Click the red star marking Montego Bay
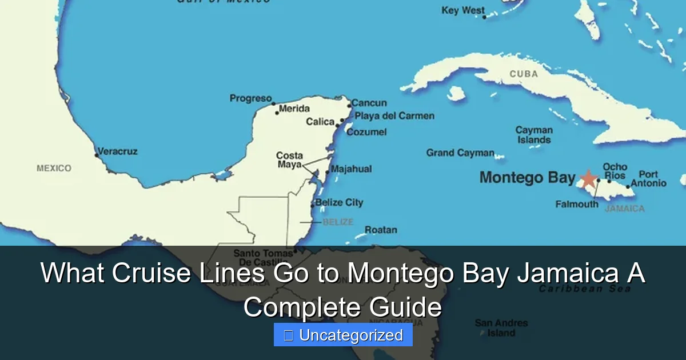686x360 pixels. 588,178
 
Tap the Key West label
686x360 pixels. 462,10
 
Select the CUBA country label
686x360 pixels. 524,74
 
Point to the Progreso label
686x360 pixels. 250,98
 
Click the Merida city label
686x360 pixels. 294,109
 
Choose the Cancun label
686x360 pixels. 369,103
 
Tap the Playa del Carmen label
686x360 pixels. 394,116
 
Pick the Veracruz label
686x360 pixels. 117,151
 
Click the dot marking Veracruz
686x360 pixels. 97,154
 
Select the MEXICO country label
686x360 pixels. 54,168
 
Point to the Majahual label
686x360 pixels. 351,169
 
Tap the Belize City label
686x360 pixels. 339,202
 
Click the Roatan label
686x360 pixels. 381,230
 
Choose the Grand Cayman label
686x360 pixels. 460,153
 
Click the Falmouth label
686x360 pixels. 577,204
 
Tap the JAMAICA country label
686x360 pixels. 624,209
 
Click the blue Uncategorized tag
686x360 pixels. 343,335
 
